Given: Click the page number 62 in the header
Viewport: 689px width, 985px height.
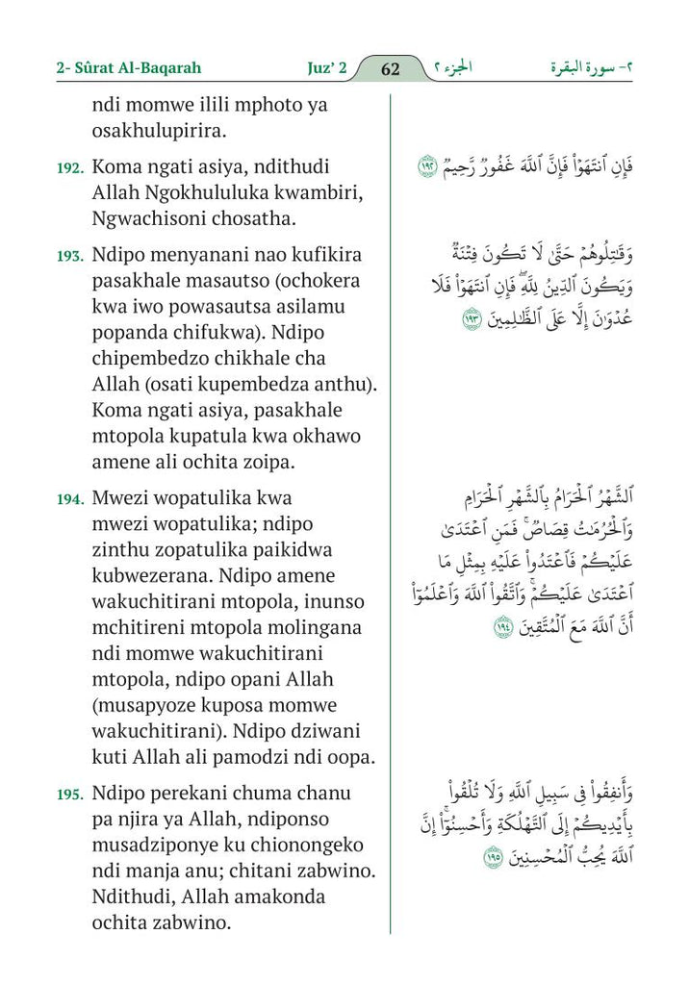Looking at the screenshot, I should click(x=390, y=68).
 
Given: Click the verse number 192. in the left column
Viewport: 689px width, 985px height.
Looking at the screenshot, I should click(x=70, y=167).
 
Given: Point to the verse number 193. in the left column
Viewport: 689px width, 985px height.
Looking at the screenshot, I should click(x=70, y=257).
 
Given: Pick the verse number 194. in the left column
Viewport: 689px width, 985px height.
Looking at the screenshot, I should click(x=70, y=499).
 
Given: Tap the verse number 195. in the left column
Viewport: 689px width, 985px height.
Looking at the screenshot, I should click(x=70, y=795).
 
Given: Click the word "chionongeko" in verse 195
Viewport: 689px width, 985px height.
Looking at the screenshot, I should click(x=280, y=846).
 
